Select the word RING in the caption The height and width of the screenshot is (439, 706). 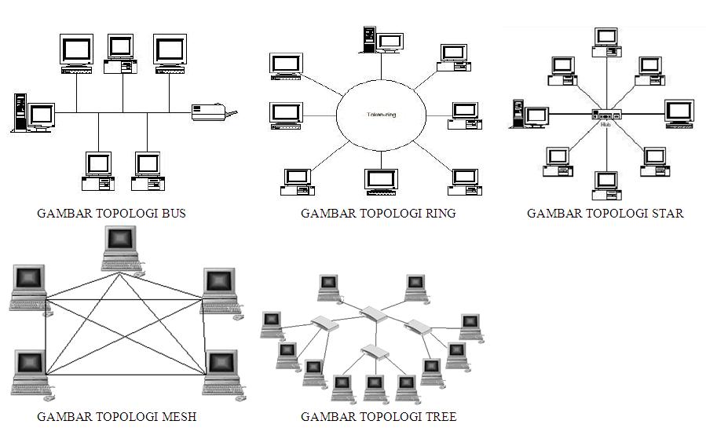pos(439,213)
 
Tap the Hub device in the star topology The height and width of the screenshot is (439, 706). pos(605,115)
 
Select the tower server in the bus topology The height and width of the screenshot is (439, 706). pos(20,113)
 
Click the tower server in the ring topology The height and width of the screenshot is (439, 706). pos(368,39)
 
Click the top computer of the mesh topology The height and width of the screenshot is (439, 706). pos(122,248)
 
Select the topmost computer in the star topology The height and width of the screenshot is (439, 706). pos(605,42)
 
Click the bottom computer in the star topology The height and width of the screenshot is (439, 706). pos(605,185)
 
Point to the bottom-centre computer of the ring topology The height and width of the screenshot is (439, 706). pos(382,182)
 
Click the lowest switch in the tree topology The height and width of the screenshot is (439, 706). pos(375,351)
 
